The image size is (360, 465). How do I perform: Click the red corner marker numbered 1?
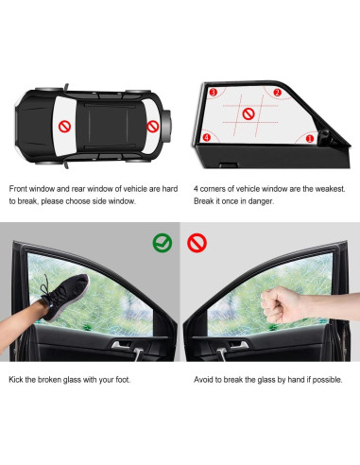click(x=309, y=139)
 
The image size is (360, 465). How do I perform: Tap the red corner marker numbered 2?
click(x=277, y=93)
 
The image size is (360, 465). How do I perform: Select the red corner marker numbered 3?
click(x=214, y=93)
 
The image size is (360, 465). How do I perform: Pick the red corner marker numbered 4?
click(x=207, y=137)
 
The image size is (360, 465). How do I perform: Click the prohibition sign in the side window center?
click(x=249, y=114)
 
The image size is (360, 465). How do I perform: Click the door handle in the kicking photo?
click(x=123, y=347)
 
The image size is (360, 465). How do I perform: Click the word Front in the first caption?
click(x=21, y=187)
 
